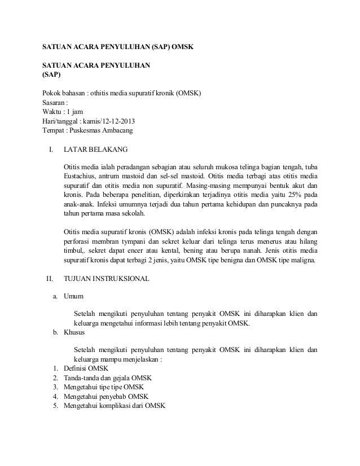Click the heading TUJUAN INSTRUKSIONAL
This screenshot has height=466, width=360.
click(x=107, y=279)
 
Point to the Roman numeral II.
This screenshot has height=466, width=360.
click(x=50, y=279)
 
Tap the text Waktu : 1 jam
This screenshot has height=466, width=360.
click(x=64, y=112)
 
